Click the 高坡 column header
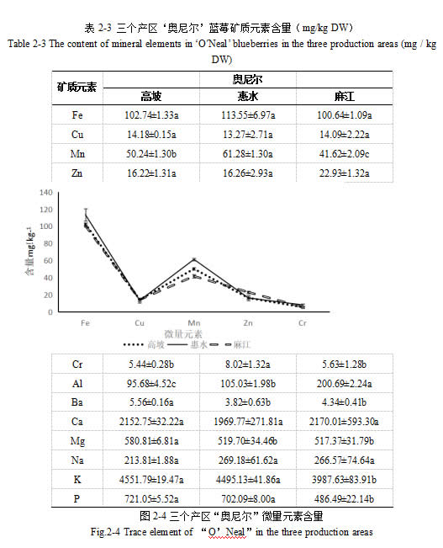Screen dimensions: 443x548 [150, 96]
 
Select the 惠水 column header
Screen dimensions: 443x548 [247, 96]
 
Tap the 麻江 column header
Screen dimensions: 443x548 [344, 96]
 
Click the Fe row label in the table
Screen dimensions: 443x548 [77, 115]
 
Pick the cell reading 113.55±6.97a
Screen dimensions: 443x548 [248, 115]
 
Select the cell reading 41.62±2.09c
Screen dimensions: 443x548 [344, 154]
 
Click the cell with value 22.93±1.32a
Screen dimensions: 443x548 [344, 173]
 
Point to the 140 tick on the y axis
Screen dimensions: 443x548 [45, 193]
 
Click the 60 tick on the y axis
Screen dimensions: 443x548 [48, 261]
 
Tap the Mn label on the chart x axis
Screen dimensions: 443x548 [193, 323]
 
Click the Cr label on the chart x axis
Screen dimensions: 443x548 [303, 323]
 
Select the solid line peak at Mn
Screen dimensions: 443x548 [194, 259]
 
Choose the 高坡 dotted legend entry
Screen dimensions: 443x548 [144, 344]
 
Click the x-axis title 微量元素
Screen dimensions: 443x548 [183, 334]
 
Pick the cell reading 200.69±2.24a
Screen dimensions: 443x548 [344, 384]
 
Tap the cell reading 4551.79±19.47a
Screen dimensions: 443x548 [151, 480]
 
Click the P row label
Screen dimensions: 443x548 [76, 498]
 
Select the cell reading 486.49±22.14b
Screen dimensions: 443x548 [344, 498]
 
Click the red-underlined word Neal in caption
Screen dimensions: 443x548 [235, 532]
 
